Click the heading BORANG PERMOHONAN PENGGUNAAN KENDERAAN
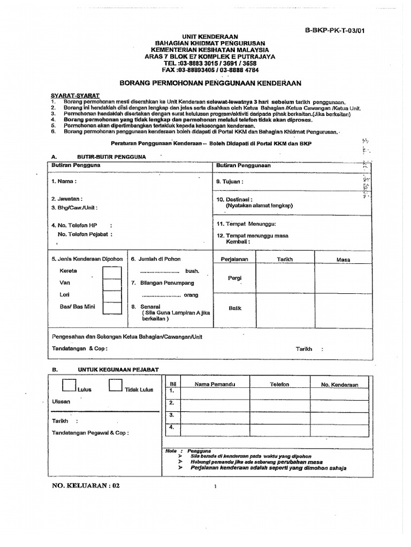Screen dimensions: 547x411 210,83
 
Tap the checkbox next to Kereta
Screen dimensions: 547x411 112,272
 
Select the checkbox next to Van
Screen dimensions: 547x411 112,284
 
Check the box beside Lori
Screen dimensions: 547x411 112,296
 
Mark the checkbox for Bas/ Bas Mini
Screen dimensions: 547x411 112,308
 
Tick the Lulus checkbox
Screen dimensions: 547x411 69,386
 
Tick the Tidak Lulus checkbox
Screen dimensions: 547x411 116,386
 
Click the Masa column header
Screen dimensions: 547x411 343,260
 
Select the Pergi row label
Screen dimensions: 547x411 235,278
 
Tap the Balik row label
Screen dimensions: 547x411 235,308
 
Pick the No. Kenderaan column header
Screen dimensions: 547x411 339,385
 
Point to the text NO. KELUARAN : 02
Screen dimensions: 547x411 83,486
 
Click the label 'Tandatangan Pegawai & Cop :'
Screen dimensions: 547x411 90,433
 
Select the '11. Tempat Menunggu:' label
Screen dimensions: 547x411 246,224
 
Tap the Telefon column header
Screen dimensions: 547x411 279,385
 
